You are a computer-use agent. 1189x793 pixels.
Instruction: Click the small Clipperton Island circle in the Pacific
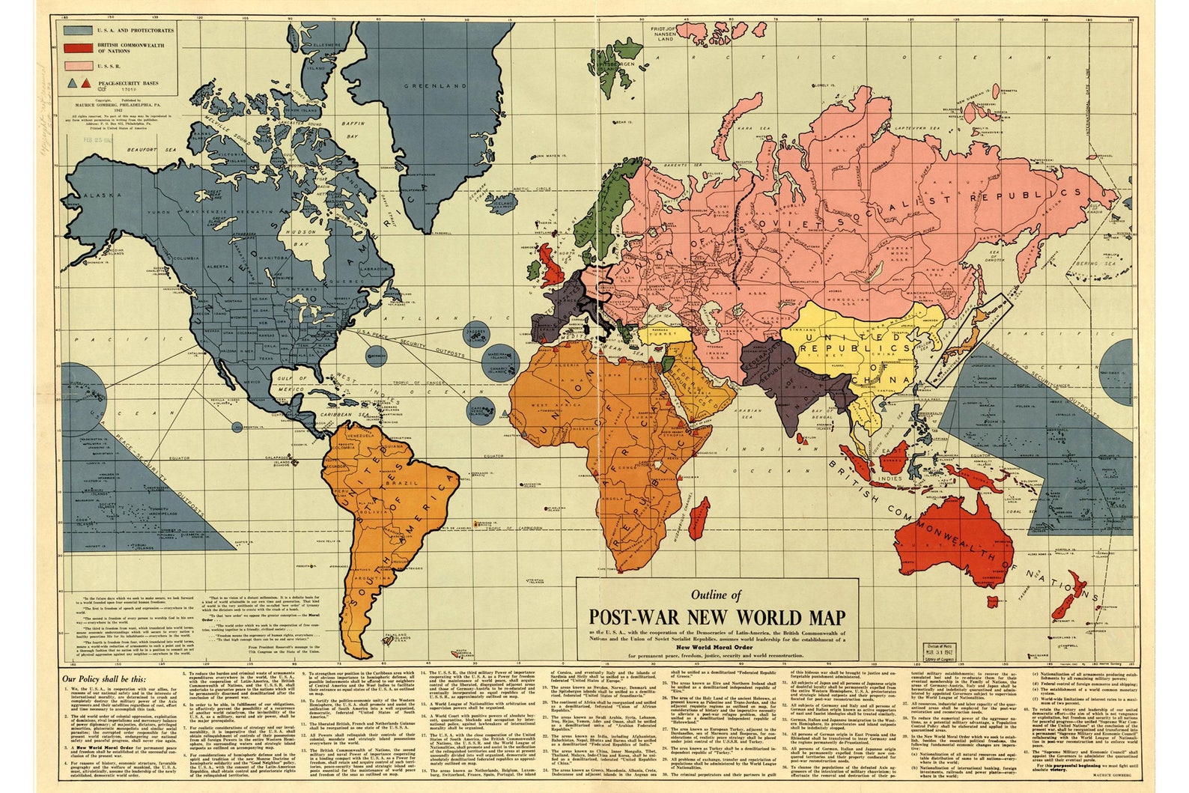[237, 427]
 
